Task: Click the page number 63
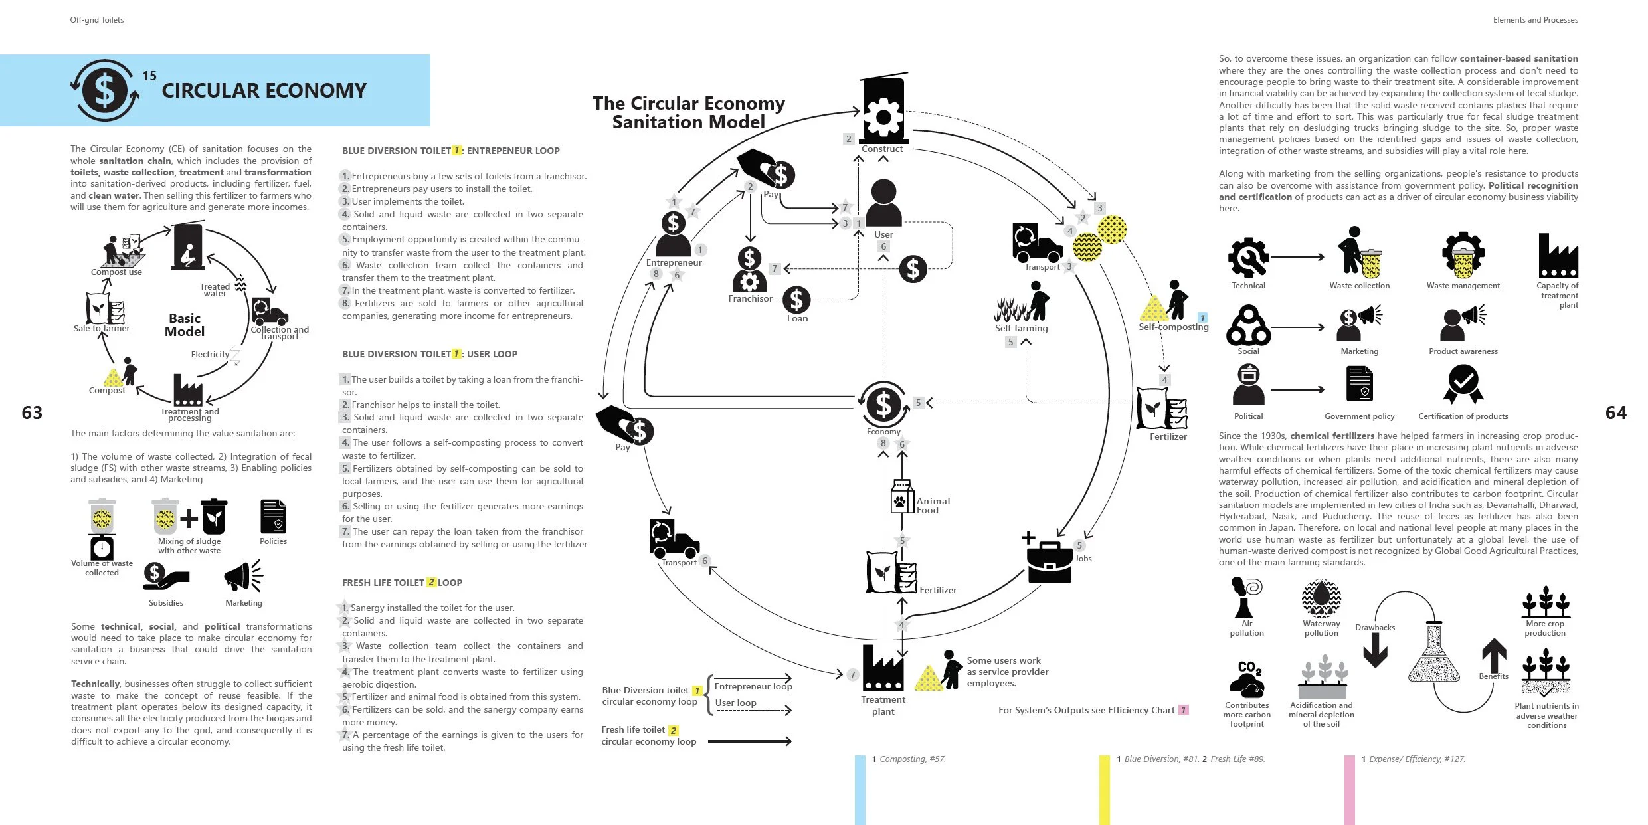(32, 413)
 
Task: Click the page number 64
(1615, 413)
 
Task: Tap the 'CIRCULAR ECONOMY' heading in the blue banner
(264, 90)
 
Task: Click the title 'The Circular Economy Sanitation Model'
(689, 112)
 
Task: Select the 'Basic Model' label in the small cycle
(185, 325)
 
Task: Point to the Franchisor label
(750, 299)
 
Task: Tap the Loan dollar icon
(796, 300)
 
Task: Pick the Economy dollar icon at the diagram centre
(883, 404)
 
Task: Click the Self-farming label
(1021, 328)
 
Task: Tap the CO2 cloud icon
(1246, 680)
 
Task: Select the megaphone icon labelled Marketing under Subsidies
(243, 576)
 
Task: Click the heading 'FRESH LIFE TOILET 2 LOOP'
(402, 583)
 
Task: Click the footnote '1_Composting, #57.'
(909, 759)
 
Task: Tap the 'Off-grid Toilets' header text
(97, 20)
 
